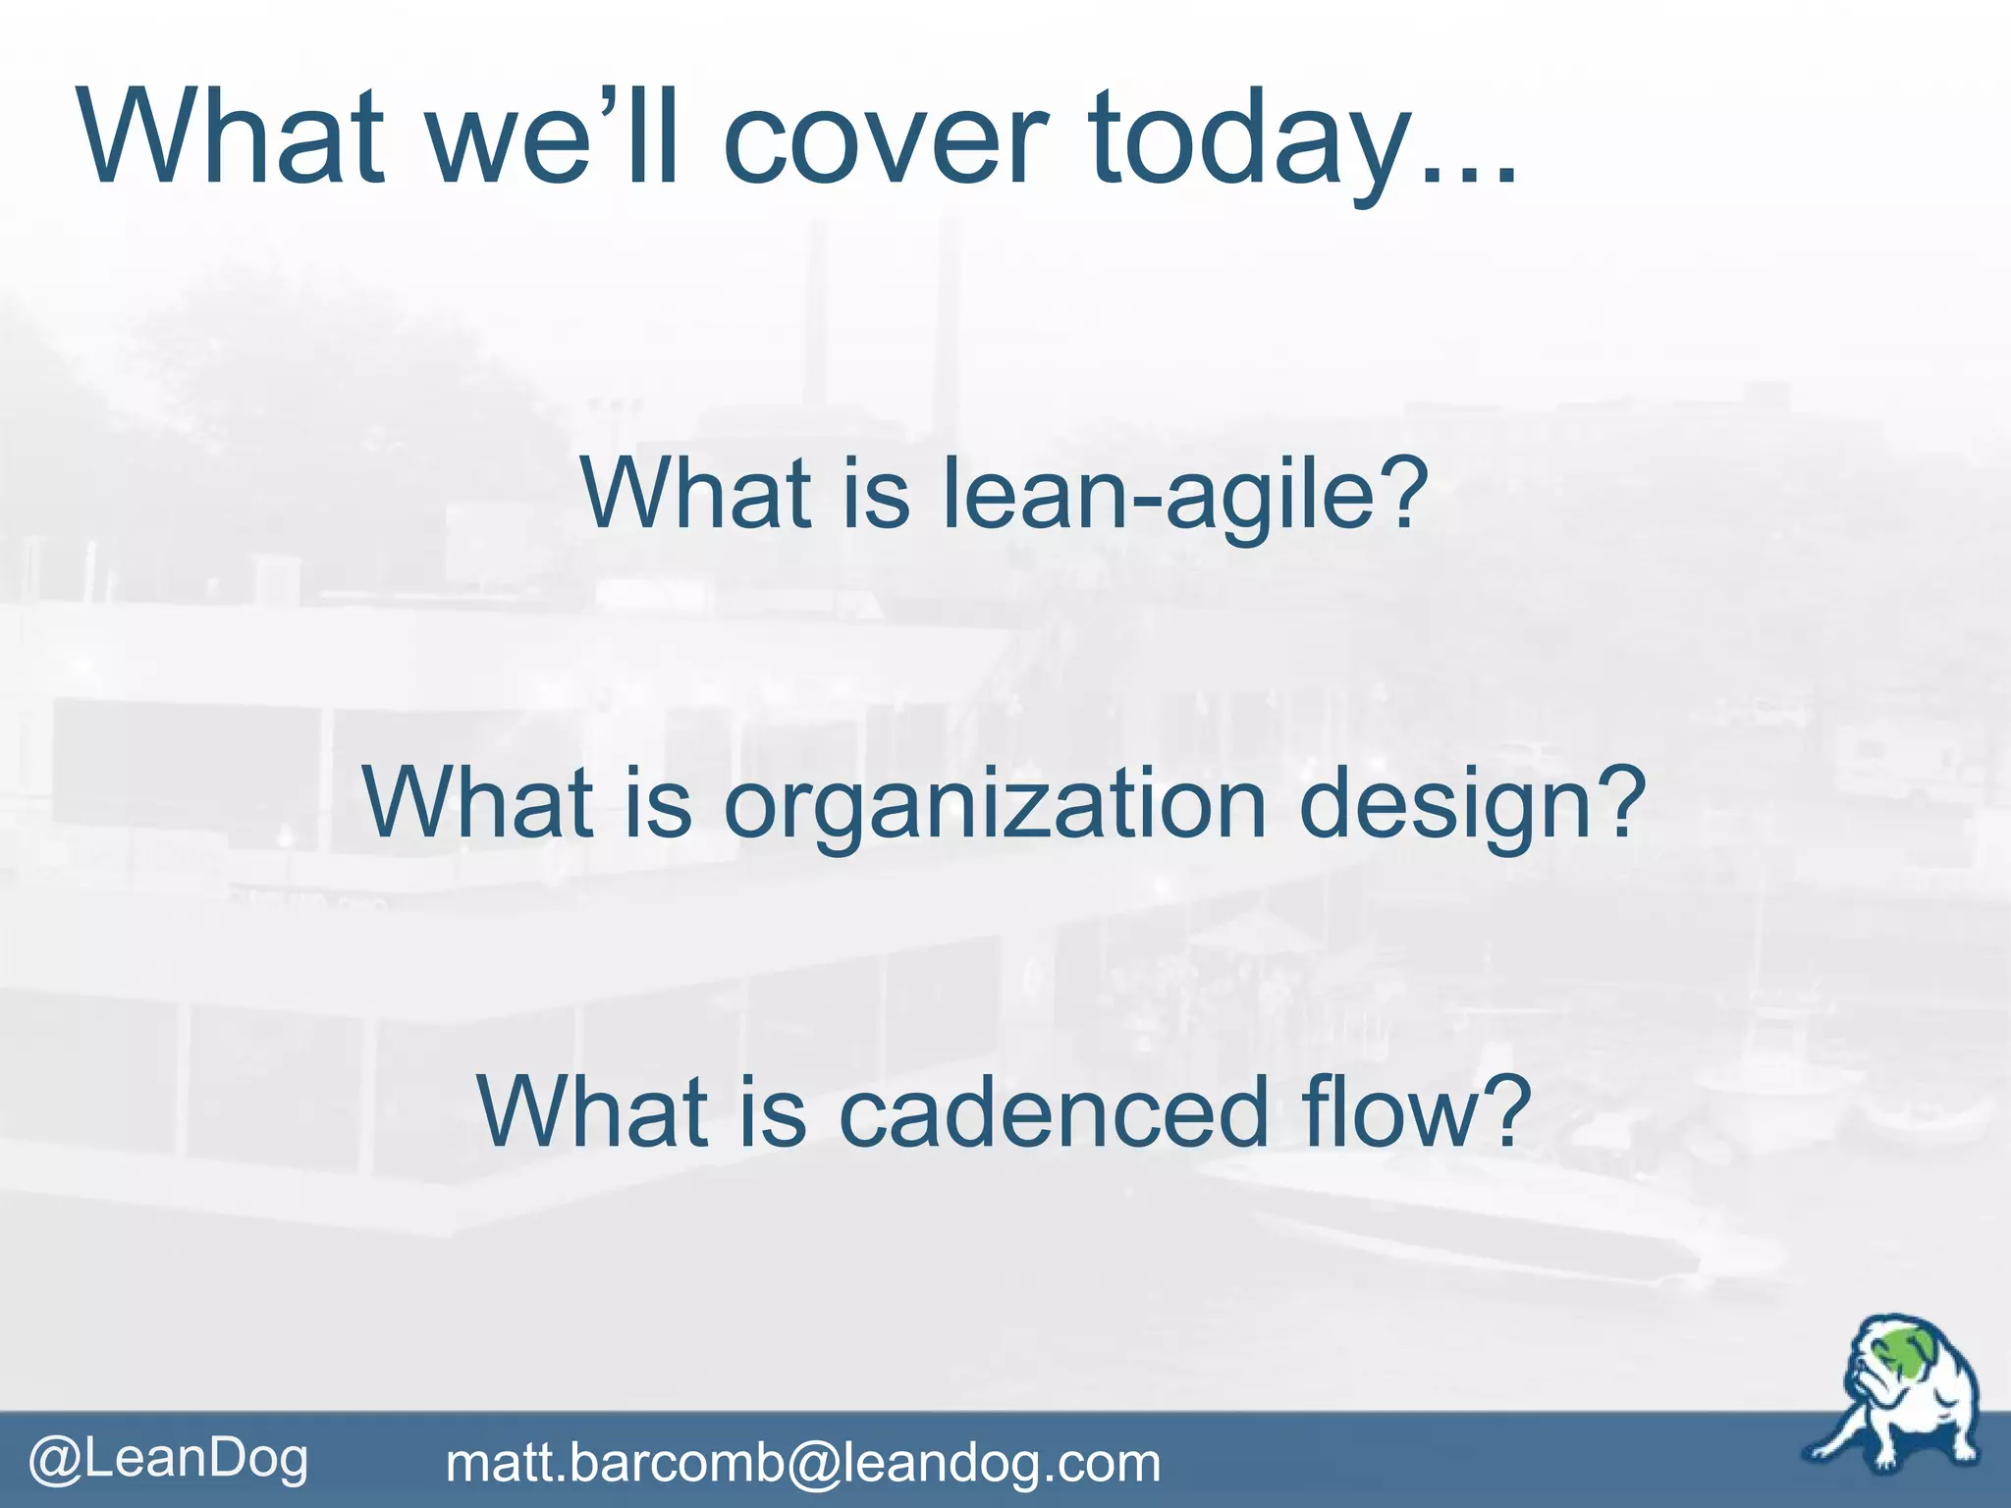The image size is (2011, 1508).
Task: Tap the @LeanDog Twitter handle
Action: tap(168, 1458)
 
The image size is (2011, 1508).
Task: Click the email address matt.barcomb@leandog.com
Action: tap(802, 1463)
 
